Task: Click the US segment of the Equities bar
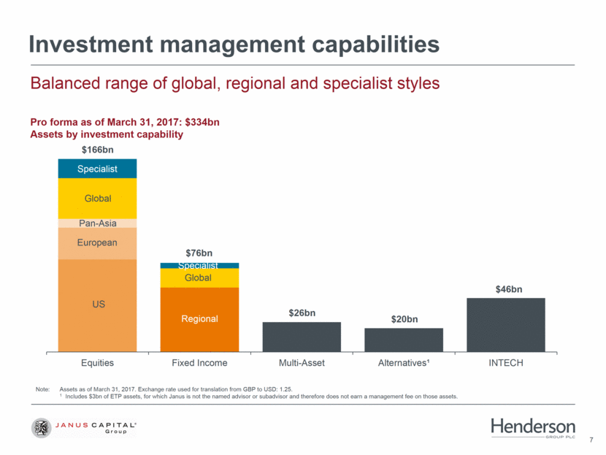(97, 305)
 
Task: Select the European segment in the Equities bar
(97, 243)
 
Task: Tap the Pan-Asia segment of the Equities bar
(97, 223)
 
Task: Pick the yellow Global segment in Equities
(97, 199)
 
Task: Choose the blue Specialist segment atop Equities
(97, 169)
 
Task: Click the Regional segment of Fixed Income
(199, 320)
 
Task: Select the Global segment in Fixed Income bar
(199, 278)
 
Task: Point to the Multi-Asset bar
(302, 337)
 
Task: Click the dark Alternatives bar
(404, 340)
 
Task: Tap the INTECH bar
(506, 325)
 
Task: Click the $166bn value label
(97, 150)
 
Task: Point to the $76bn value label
(199, 253)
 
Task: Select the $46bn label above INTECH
(509, 289)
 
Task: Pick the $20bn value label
(404, 319)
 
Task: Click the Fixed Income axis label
(199, 363)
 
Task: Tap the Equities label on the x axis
(97, 363)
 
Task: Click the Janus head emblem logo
(42, 428)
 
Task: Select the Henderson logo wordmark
(533, 427)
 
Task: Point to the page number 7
(591, 440)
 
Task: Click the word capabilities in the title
(376, 45)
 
